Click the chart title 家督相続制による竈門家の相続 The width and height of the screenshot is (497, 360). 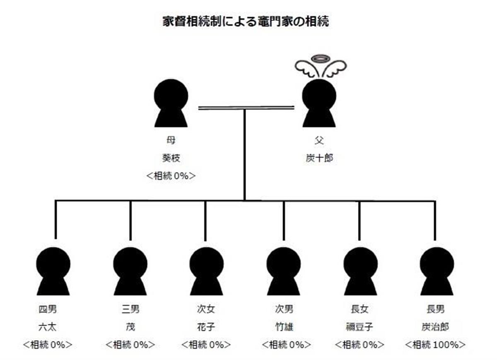point(246,22)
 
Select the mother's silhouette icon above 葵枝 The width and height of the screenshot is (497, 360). point(171,104)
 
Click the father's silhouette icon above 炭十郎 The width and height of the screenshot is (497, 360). point(318,104)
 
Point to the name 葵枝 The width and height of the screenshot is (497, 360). point(171,158)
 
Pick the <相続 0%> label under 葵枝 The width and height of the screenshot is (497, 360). point(171,176)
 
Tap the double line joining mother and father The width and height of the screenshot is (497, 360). point(246,108)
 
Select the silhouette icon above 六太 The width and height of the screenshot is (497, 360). point(53,271)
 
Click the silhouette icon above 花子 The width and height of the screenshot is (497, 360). point(206,271)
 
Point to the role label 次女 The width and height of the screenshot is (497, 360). point(206,309)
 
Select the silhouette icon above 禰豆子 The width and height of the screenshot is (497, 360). point(360,271)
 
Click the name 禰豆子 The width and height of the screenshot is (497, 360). point(359,327)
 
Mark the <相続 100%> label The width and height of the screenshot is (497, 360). point(435,345)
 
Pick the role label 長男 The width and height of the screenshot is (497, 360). point(435,309)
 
